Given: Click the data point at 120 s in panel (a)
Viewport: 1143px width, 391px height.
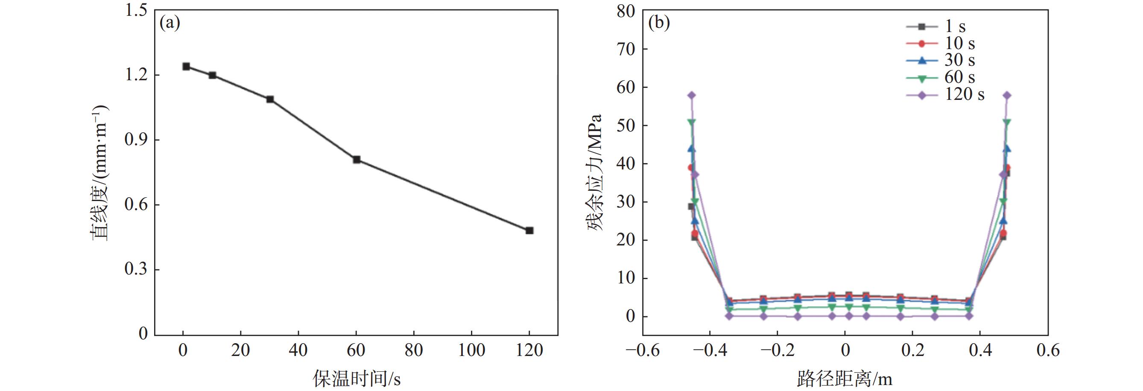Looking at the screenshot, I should tap(529, 231).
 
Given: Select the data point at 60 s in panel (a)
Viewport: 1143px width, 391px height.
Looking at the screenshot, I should tap(356, 159).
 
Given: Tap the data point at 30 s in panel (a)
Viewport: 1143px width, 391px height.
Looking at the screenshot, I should tap(270, 99).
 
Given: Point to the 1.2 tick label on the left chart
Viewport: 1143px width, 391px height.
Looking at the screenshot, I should tap(136, 75).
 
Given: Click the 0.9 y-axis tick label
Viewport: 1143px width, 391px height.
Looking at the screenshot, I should tap(136, 140).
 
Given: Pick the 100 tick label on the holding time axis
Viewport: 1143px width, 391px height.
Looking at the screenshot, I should tap(471, 350).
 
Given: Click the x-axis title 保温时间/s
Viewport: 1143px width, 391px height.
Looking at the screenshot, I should tap(356, 379).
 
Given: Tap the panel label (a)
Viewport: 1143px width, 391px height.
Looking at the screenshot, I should tap(170, 23).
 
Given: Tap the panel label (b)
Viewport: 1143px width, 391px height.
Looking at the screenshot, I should tap(659, 23).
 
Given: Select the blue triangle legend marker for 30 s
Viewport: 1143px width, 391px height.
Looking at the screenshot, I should tap(921, 60).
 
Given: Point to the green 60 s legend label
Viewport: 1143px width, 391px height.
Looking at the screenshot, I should tap(959, 77).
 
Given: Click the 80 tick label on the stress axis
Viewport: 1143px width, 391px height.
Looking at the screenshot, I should tap(626, 11).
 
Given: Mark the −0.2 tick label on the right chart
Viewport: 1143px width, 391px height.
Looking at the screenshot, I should tap(776, 350).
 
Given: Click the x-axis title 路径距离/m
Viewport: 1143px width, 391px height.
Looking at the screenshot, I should tap(845, 379).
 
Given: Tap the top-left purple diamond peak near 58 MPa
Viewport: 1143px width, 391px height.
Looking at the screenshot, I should tap(692, 95).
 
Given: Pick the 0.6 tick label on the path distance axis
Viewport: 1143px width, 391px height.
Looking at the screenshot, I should tap(1048, 350).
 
